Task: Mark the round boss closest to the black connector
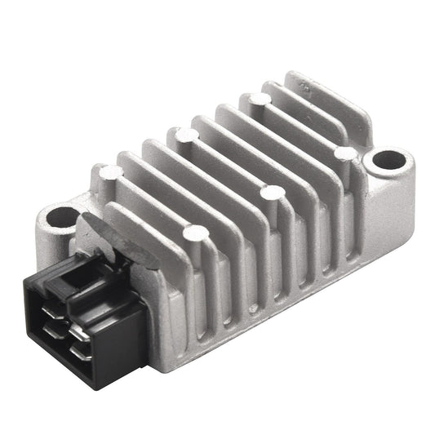(x=194, y=234)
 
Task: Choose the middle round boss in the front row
(x=273, y=193)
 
